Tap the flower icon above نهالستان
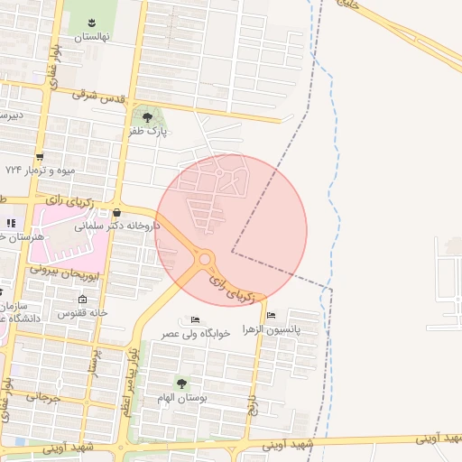[x=91, y=23]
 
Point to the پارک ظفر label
[x=148, y=131]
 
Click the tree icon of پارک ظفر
[x=147, y=116]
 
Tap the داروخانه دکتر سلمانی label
[x=118, y=226]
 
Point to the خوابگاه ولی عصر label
[x=196, y=333]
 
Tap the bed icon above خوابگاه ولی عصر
[x=196, y=319]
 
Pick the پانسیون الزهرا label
[x=272, y=329]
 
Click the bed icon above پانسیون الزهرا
[x=272, y=316]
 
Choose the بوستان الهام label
[x=182, y=397]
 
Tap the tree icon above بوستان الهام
[x=181, y=383]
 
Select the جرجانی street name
[x=42, y=396]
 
